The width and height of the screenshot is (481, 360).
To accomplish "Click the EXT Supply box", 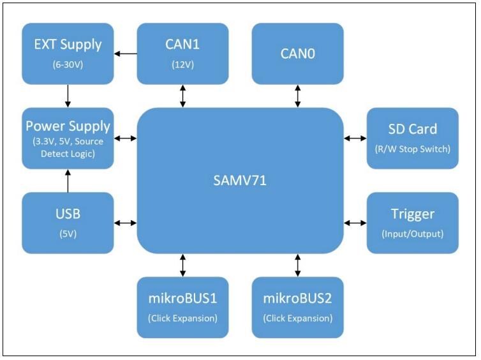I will [68, 53].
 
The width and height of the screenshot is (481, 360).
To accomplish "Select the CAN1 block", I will [183, 53].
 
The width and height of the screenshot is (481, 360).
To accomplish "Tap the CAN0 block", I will [297, 53].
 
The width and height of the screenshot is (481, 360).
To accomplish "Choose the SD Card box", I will [412, 138].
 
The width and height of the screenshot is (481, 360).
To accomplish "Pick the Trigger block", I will [412, 222].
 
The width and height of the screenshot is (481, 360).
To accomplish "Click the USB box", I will [68, 222].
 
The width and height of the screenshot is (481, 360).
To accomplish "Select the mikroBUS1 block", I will [183, 307].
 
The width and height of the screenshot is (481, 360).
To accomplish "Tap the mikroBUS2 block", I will [297, 307].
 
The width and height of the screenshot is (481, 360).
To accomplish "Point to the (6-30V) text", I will [68, 64].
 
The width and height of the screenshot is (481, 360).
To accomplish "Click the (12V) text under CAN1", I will [183, 64].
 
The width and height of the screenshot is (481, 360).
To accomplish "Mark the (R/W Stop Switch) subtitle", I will [412, 150].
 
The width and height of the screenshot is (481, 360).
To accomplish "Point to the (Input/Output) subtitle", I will [412, 234].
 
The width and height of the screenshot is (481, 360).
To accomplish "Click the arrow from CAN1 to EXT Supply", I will [126, 53].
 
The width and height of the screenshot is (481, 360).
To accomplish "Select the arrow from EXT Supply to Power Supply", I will [68, 95].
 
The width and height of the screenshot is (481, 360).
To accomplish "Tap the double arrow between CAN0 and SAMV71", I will [297, 95].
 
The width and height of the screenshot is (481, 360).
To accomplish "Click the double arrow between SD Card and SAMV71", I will [355, 138].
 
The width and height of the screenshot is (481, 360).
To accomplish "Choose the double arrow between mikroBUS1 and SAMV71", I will [183, 264].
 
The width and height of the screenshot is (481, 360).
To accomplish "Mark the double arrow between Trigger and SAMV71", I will [355, 222].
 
